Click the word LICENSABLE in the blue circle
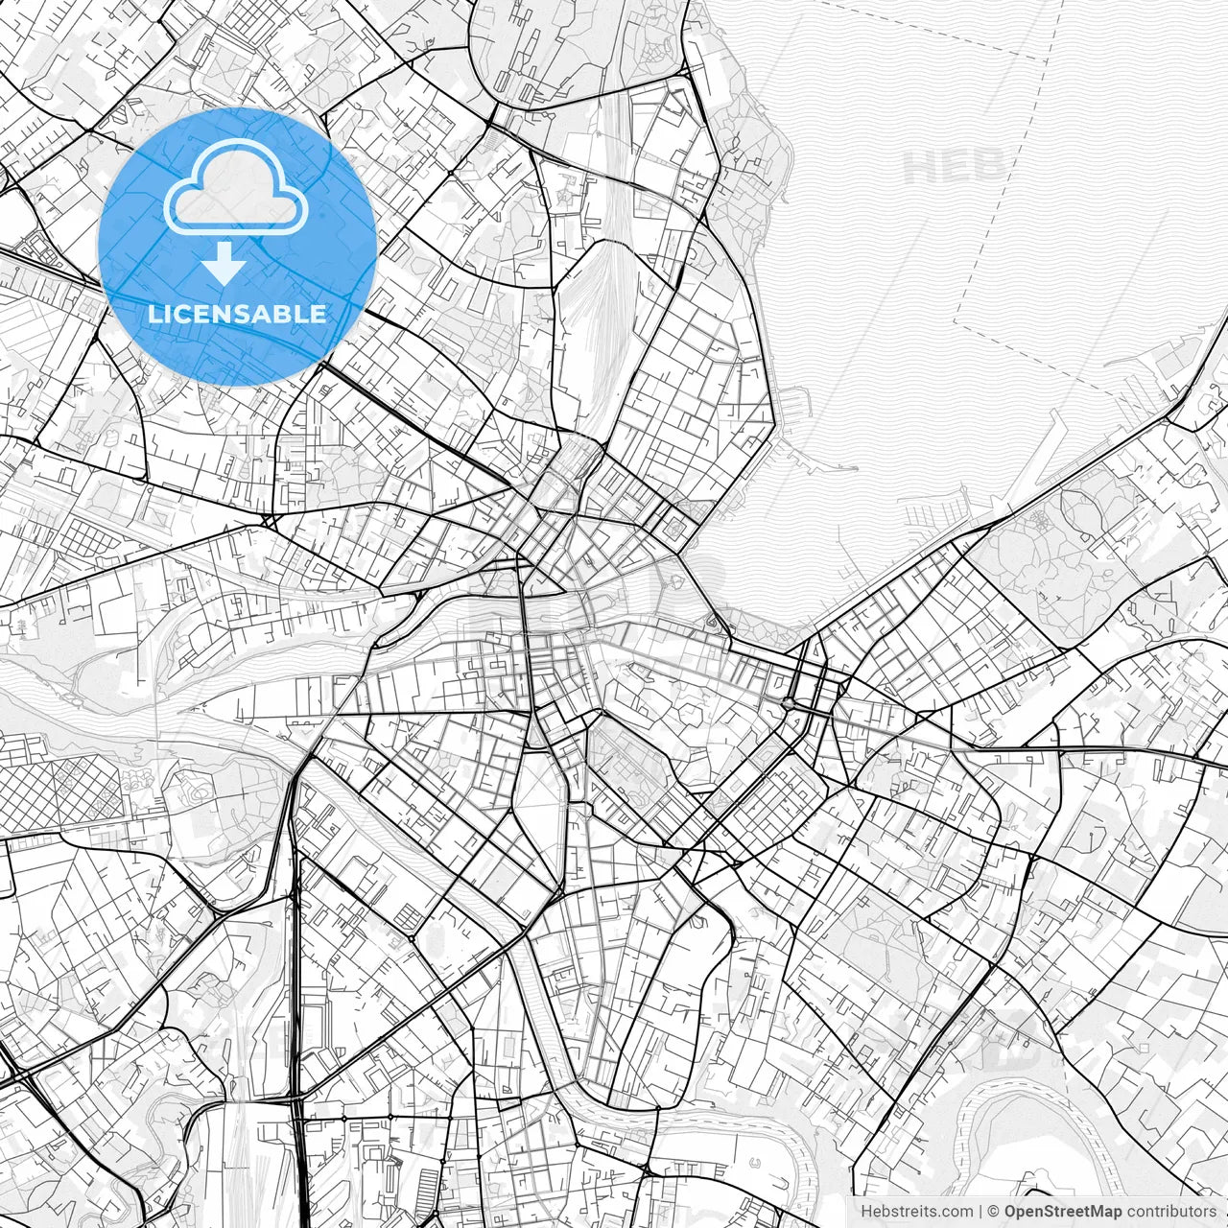pyautogui.click(x=237, y=314)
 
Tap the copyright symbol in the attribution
pyautogui.click(x=994, y=1211)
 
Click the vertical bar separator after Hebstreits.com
pyautogui.click(x=981, y=1211)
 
